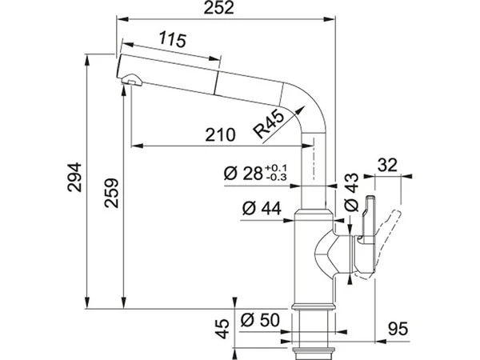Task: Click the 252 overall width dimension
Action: click(x=218, y=8)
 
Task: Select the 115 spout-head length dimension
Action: click(x=172, y=40)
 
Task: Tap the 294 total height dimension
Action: click(x=74, y=178)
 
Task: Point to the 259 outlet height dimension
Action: click(x=111, y=193)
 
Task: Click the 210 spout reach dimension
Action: click(x=221, y=134)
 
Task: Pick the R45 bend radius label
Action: click(x=269, y=124)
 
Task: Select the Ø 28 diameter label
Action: click(x=243, y=174)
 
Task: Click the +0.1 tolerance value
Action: click(x=275, y=168)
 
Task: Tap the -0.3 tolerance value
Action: click(x=277, y=178)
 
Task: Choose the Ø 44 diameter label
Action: click(x=262, y=209)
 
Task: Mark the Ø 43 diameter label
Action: click(x=351, y=192)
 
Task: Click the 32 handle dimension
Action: click(x=387, y=166)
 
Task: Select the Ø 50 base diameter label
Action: click(x=260, y=320)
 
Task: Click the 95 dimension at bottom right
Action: click(x=398, y=329)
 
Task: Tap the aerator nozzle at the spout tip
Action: click(x=132, y=79)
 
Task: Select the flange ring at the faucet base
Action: click(x=313, y=306)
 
